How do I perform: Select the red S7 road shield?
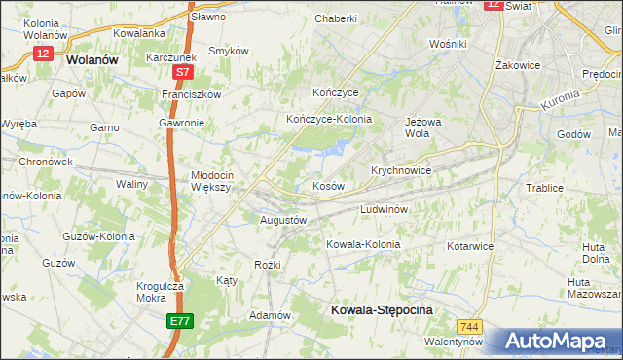[183, 72]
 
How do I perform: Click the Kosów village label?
[327, 185]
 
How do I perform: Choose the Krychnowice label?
[400, 169]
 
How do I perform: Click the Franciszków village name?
[193, 94]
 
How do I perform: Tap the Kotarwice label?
[471, 246]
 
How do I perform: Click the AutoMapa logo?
[553, 341]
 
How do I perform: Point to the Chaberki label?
[336, 18]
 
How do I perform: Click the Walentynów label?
[454, 342]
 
